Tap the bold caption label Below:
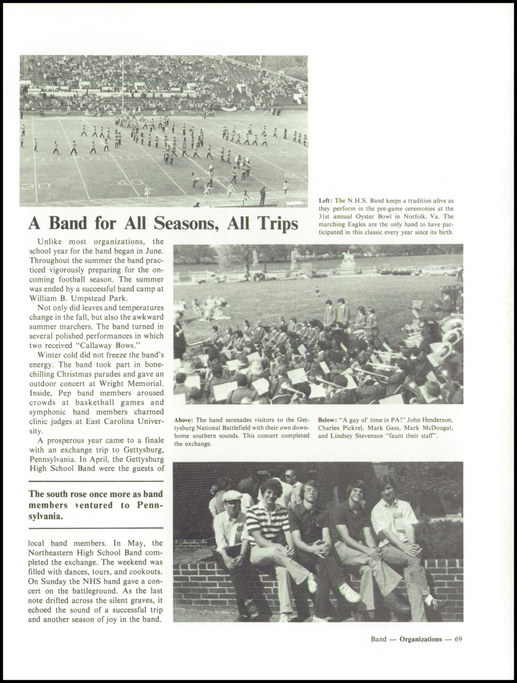328,420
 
